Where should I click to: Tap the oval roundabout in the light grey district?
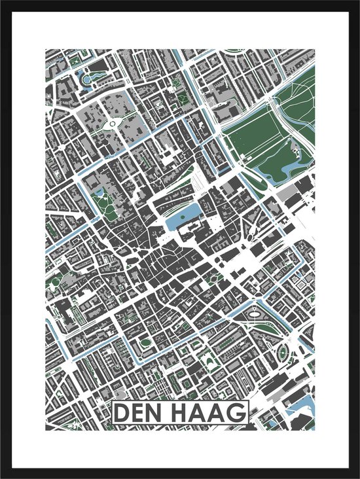click(113, 122)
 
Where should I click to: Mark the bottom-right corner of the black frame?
click(357, 476)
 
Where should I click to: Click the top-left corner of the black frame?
click(2, 2)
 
